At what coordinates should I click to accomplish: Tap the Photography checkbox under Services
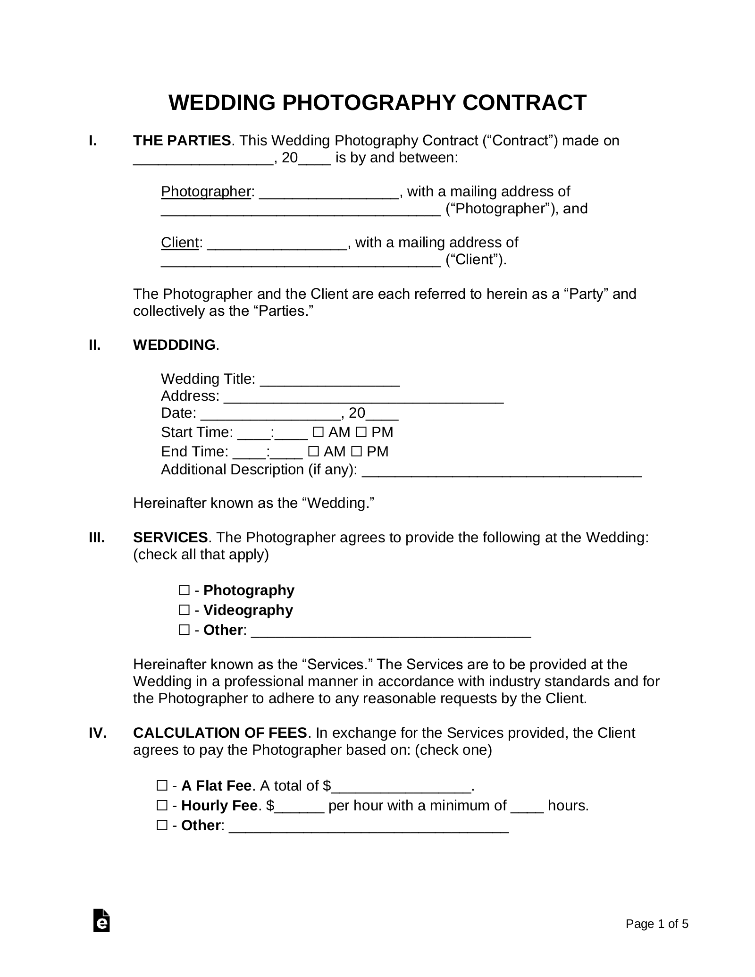click(x=184, y=590)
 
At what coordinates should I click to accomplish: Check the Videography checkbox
click(x=184, y=610)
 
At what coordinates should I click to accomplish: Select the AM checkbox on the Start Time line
click(x=318, y=432)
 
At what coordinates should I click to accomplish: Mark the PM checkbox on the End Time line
click(x=357, y=452)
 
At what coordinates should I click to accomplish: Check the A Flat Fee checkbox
click(x=162, y=786)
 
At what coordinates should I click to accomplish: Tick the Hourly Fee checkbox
click(x=162, y=806)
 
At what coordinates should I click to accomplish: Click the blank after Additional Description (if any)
click(x=502, y=471)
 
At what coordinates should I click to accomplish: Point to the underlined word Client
click(x=179, y=243)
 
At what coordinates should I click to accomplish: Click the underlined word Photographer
click(x=205, y=192)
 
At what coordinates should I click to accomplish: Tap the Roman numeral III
click(x=97, y=538)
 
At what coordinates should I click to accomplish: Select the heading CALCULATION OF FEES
click(x=220, y=733)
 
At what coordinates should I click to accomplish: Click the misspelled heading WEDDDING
click(x=174, y=345)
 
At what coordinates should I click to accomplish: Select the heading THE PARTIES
click(x=182, y=141)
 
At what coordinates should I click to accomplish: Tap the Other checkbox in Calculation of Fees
click(x=162, y=825)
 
